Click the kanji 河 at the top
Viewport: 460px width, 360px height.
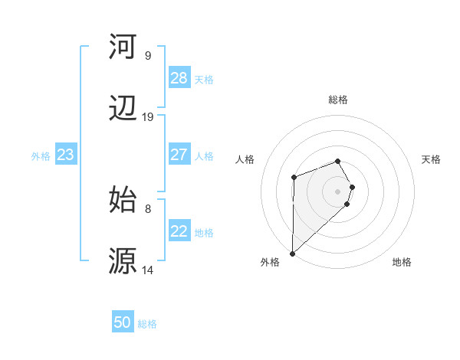(x=123, y=47)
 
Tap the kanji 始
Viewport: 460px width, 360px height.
(x=123, y=198)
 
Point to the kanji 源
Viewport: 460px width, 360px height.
(x=123, y=260)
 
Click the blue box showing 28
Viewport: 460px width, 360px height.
(x=179, y=78)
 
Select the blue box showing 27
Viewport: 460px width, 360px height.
(x=179, y=155)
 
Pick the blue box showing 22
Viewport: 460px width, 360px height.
(x=179, y=231)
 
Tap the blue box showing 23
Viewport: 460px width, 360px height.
(x=65, y=155)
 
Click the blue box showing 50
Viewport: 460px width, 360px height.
(x=123, y=322)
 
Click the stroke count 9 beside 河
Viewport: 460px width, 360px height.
(x=148, y=56)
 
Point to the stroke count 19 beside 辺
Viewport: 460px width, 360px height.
(x=148, y=117)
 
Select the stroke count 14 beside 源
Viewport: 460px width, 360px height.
(x=148, y=270)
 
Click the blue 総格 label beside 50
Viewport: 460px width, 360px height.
(x=147, y=324)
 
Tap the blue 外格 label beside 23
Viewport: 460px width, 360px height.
(x=41, y=156)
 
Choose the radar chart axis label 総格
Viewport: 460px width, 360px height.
(x=337, y=100)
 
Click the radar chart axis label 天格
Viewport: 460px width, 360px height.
(x=432, y=159)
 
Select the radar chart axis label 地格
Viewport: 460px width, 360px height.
(x=402, y=262)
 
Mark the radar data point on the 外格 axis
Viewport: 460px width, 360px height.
(x=292, y=253)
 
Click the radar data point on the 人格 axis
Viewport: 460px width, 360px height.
(x=294, y=177)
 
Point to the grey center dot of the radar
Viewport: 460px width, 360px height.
(x=337, y=191)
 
